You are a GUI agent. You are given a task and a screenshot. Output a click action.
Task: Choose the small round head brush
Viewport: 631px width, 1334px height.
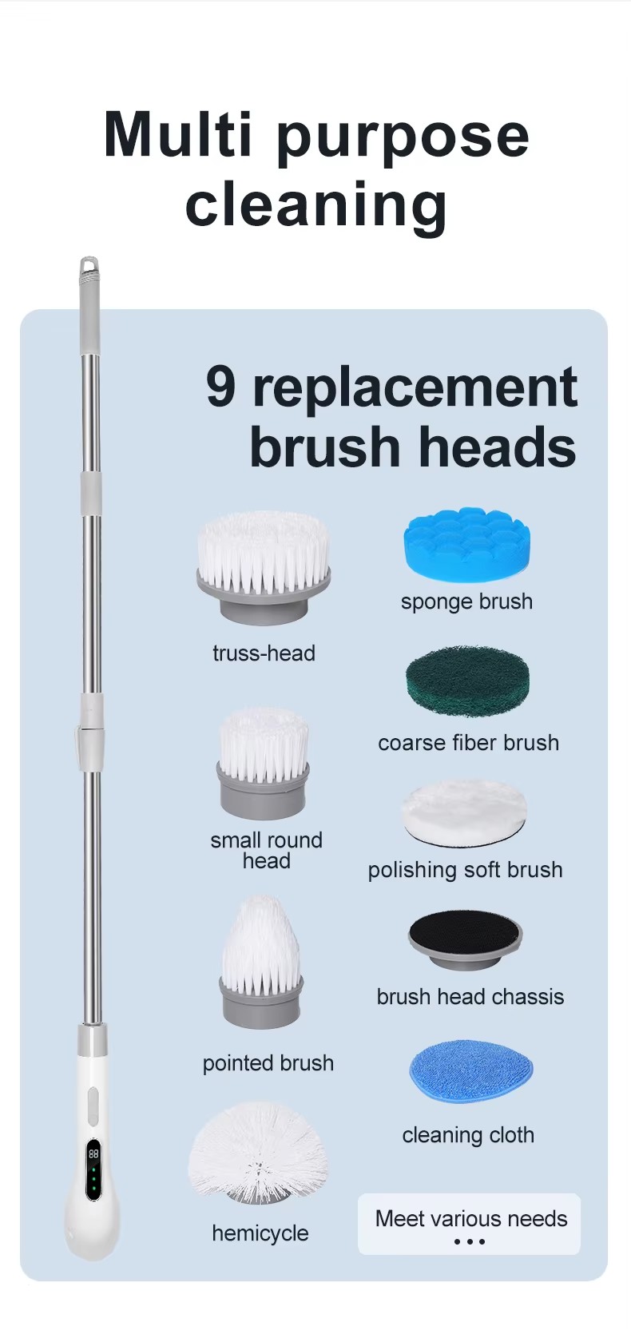click(x=263, y=764)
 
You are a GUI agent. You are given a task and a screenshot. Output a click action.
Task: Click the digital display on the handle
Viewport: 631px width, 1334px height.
click(x=93, y=1170)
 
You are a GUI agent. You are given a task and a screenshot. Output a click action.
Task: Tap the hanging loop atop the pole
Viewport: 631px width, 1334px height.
click(x=89, y=266)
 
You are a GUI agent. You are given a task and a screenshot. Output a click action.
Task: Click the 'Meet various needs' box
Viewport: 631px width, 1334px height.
click(x=469, y=1224)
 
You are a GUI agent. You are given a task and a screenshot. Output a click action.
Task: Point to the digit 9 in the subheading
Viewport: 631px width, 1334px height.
click(x=220, y=387)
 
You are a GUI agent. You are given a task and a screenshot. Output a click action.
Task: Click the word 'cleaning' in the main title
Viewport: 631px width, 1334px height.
click(x=316, y=204)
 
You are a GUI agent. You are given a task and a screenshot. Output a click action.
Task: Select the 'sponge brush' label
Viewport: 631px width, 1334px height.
click(x=466, y=601)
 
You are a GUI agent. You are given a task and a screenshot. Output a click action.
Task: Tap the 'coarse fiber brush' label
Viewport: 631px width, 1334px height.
click(x=469, y=743)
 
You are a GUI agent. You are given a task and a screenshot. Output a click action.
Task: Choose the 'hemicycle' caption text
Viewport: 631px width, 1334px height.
click(x=260, y=1233)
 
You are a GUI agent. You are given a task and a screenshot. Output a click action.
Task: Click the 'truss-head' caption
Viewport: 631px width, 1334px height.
click(x=264, y=653)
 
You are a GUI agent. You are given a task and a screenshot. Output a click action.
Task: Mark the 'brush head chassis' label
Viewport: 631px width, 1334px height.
click(x=470, y=996)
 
